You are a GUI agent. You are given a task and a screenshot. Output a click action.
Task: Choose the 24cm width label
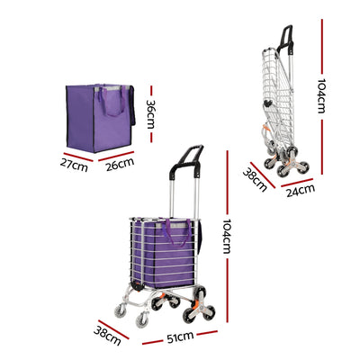tap(301, 188)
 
